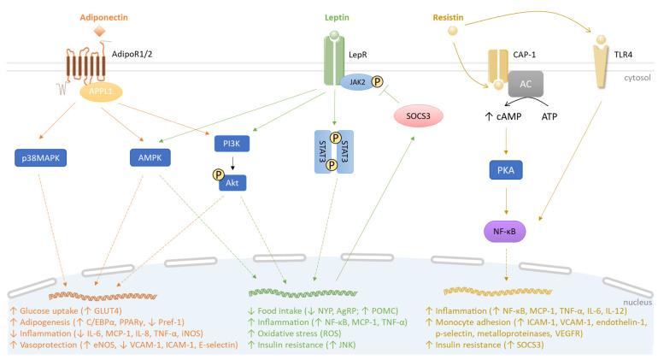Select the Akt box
(x=233, y=180)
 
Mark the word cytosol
(x=637, y=76)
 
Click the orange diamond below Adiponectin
(x=100, y=32)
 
